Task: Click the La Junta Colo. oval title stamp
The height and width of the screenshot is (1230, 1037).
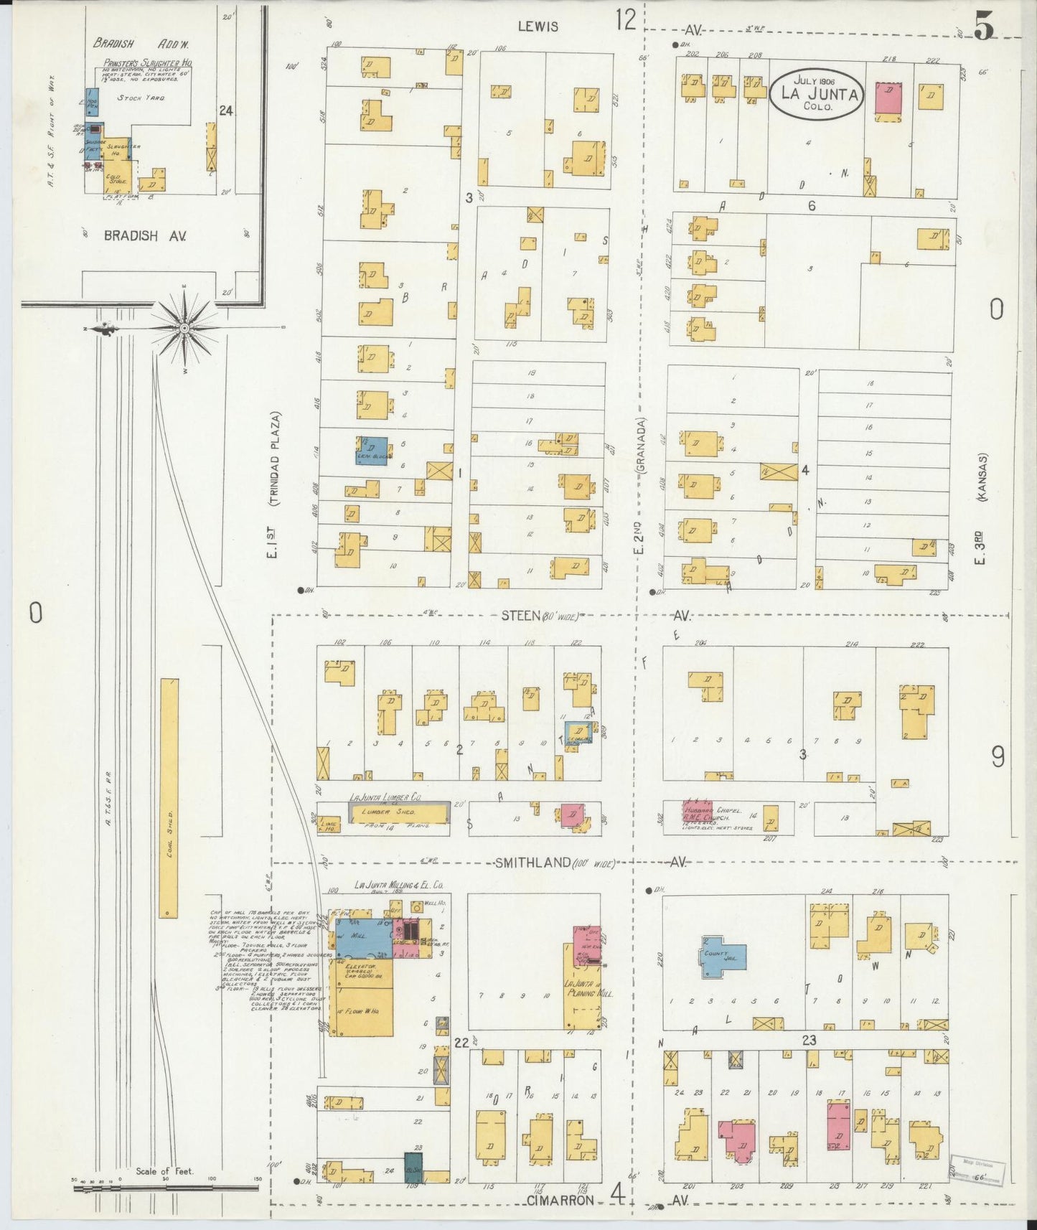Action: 816,95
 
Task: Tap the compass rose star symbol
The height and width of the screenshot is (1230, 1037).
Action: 184,328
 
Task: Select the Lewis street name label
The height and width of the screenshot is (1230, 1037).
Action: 538,27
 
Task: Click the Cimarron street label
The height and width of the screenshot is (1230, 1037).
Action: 560,1201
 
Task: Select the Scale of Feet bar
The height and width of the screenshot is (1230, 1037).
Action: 165,1188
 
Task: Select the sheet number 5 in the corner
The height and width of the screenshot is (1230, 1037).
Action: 984,27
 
